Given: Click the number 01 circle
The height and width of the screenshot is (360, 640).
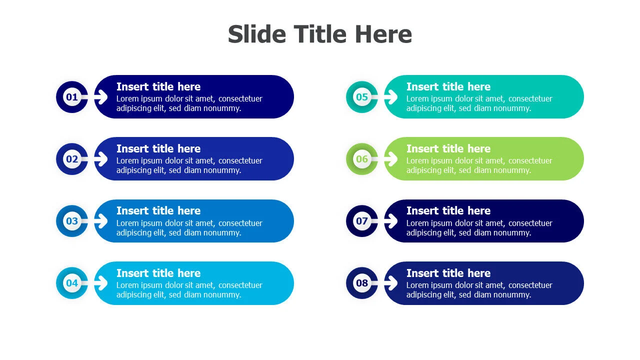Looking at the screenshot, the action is coord(72,97).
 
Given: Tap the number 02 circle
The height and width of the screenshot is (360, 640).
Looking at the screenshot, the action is coord(72,159).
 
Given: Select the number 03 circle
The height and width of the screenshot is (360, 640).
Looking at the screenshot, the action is coord(72,221).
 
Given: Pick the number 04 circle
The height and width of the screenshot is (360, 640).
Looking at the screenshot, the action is coord(72,283).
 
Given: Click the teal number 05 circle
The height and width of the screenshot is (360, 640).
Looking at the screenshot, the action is coord(362,97).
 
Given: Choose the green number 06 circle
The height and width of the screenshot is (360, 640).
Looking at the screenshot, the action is coord(362,159).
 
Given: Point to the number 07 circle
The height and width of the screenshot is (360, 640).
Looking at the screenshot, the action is coord(362,221).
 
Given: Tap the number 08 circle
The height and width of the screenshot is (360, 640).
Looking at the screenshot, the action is coord(362,283).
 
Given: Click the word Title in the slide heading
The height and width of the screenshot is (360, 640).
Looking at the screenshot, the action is coord(320,34).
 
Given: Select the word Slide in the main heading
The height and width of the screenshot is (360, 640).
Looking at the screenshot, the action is coord(257,34).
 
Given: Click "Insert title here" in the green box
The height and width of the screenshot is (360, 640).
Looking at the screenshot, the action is coord(448,148).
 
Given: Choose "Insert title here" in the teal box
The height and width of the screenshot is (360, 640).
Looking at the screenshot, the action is coord(448,86).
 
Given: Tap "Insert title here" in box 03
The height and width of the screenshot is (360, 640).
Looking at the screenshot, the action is coord(158,210).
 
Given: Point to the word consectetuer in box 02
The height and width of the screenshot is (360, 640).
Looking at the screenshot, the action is coord(240,161).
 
